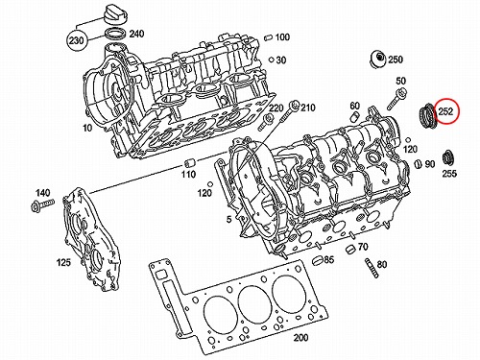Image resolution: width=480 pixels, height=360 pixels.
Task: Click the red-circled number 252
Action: click(446, 111)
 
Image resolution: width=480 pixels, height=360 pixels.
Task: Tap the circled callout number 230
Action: click(76, 40)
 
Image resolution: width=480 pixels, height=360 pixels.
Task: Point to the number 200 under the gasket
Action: click(300, 337)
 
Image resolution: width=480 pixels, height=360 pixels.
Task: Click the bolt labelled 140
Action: click(42, 204)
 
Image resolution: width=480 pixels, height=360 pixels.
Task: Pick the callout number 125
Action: click(63, 262)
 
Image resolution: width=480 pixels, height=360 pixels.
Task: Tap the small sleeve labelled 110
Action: click(189, 163)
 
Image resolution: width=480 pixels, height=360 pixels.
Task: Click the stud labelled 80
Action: click(372, 268)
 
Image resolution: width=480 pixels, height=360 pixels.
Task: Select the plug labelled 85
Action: click(317, 260)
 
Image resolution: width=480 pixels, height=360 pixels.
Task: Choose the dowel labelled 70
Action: click(350, 250)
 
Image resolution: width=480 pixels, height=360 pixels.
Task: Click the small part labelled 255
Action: click(447, 158)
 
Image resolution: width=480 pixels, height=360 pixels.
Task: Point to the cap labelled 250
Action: click(378, 60)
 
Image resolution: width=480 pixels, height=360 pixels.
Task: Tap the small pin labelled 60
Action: click(355, 117)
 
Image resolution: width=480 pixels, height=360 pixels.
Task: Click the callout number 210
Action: click(307, 108)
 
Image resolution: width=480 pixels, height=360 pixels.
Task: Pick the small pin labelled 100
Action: click(269, 37)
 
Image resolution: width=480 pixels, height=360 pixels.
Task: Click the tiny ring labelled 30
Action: click(271, 60)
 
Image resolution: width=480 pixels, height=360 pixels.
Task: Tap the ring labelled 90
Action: click(418, 164)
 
